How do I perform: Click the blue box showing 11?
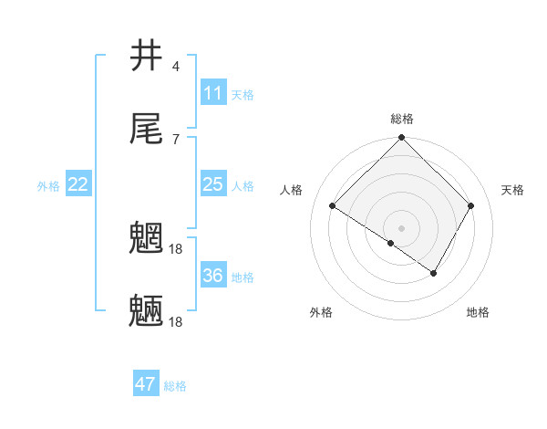(x=212, y=92)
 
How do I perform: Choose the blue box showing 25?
(x=212, y=184)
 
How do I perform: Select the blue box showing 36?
(x=212, y=276)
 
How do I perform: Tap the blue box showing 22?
(x=78, y=184)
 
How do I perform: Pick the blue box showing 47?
(x=146, y=384)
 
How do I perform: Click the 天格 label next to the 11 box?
(x=243, y=94)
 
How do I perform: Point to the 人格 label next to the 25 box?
(x=243, y=186)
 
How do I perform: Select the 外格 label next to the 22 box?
(x=48, y=186)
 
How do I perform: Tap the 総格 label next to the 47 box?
(x=175, y=386)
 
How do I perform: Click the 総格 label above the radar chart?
(x=402, y=119)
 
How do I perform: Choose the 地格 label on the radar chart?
(x=478, y=312)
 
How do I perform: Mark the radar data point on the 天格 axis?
(x=471, y=205)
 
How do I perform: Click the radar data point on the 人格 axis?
(x=333, y=206)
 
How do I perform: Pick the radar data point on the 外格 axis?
(x=391, y=243)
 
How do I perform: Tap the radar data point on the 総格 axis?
(x=402, y=139)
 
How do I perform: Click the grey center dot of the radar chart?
(x=402, y=227)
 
